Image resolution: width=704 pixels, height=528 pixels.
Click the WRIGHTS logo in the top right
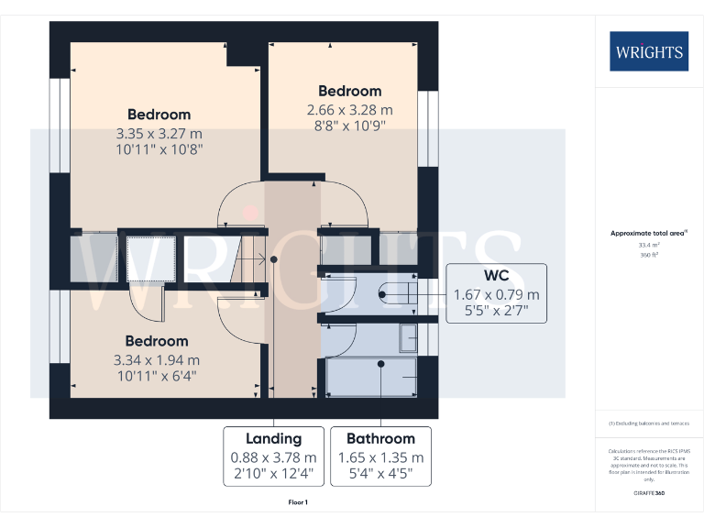click(x=649, y=51)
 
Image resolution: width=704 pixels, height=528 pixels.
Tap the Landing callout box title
click(x=273, y=438)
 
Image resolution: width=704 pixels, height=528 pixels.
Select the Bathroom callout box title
click(x=380, y=438)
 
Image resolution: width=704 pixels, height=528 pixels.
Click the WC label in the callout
click(x=497, y=276)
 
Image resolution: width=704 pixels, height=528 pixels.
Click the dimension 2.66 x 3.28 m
click(x=349, y=109)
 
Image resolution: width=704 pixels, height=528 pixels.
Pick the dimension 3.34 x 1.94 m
click(x=156, y=359)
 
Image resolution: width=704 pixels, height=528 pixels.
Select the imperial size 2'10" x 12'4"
click(x=273, y=474)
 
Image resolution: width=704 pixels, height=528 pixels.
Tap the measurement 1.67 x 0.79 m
click(x=497, y=294)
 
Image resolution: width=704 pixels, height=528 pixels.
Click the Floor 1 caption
click(x=298, y=502)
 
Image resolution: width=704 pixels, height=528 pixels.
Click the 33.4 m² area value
click(x=648, y=245)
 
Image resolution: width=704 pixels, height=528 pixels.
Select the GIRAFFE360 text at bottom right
click(x=648, y=494)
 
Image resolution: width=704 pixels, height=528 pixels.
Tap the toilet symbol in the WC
click(x=395, y=294)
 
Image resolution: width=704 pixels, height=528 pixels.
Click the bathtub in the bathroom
click(x=371, y=377)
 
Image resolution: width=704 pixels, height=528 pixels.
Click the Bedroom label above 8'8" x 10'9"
click(x=349, y=91)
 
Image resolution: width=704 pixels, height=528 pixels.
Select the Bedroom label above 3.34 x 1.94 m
click(x=157, y=341)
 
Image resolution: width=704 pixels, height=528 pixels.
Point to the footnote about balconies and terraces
click(x=648, y=423)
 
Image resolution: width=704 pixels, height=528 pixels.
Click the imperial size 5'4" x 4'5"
click(x=380, y=474)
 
